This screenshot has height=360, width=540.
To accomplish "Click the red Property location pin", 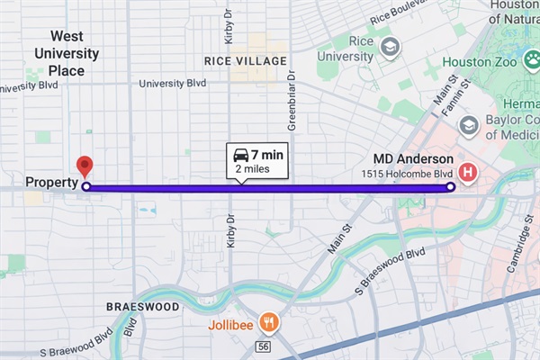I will pos(85,166).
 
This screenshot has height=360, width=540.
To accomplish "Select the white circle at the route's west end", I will pos(86,187).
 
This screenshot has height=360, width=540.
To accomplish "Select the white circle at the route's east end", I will pos(450,187).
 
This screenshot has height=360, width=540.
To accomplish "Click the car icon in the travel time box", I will pos(240,155).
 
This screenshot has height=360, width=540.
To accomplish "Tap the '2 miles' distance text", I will pos(253,168).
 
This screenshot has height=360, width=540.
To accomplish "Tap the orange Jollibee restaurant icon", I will pos(267,321).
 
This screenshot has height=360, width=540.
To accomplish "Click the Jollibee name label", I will pos(232,321).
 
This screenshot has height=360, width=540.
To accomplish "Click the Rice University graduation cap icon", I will pos(390,46).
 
